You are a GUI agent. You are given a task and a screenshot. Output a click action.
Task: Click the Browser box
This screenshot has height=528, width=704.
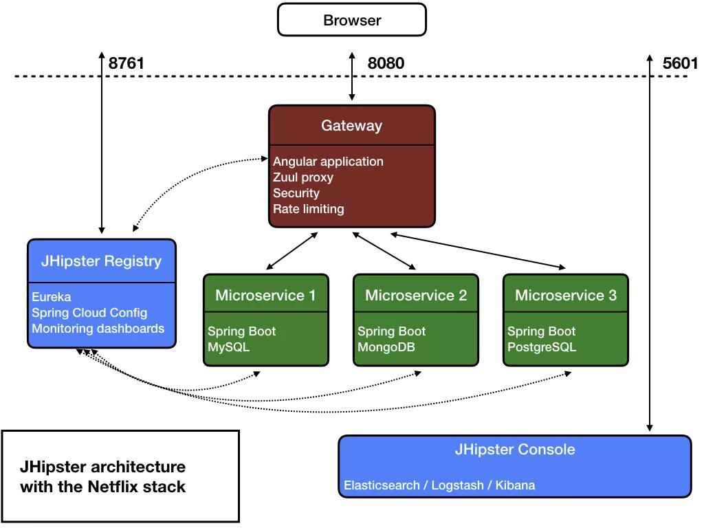351,20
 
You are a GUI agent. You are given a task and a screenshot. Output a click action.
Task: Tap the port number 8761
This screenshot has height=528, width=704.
126,63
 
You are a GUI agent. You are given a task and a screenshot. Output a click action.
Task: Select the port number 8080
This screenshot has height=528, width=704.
386,63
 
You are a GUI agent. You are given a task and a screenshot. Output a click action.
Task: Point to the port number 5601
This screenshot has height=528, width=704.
680,63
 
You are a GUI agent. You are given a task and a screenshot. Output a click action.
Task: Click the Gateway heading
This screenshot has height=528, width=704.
351,126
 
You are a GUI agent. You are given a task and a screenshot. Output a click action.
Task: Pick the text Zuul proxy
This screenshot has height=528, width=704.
303,177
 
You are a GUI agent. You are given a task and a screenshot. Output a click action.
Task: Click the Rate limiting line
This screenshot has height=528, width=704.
309,209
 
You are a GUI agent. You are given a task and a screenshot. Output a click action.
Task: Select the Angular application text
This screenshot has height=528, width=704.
328,162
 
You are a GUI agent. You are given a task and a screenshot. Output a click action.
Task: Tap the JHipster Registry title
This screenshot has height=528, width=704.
102,261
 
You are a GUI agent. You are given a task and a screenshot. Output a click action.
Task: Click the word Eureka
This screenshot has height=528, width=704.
51,297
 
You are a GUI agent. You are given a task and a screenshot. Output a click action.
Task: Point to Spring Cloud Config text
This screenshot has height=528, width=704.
89,313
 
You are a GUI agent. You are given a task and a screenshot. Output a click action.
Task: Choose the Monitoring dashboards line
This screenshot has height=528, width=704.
98,328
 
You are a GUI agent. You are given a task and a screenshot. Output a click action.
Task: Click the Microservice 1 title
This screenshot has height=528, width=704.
265,295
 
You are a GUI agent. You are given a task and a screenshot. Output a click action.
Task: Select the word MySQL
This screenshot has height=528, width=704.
228,347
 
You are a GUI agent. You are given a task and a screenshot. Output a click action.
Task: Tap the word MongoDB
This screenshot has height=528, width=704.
386,347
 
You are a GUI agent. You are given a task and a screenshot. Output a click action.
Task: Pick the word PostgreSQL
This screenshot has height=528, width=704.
542,347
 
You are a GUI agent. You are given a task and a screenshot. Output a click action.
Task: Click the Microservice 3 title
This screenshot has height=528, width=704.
566,295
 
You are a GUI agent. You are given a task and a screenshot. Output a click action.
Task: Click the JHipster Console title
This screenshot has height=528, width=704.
515,450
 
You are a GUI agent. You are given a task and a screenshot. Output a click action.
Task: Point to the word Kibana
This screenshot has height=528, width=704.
515,485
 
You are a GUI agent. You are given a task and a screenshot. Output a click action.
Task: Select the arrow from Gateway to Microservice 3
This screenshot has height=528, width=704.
478,251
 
